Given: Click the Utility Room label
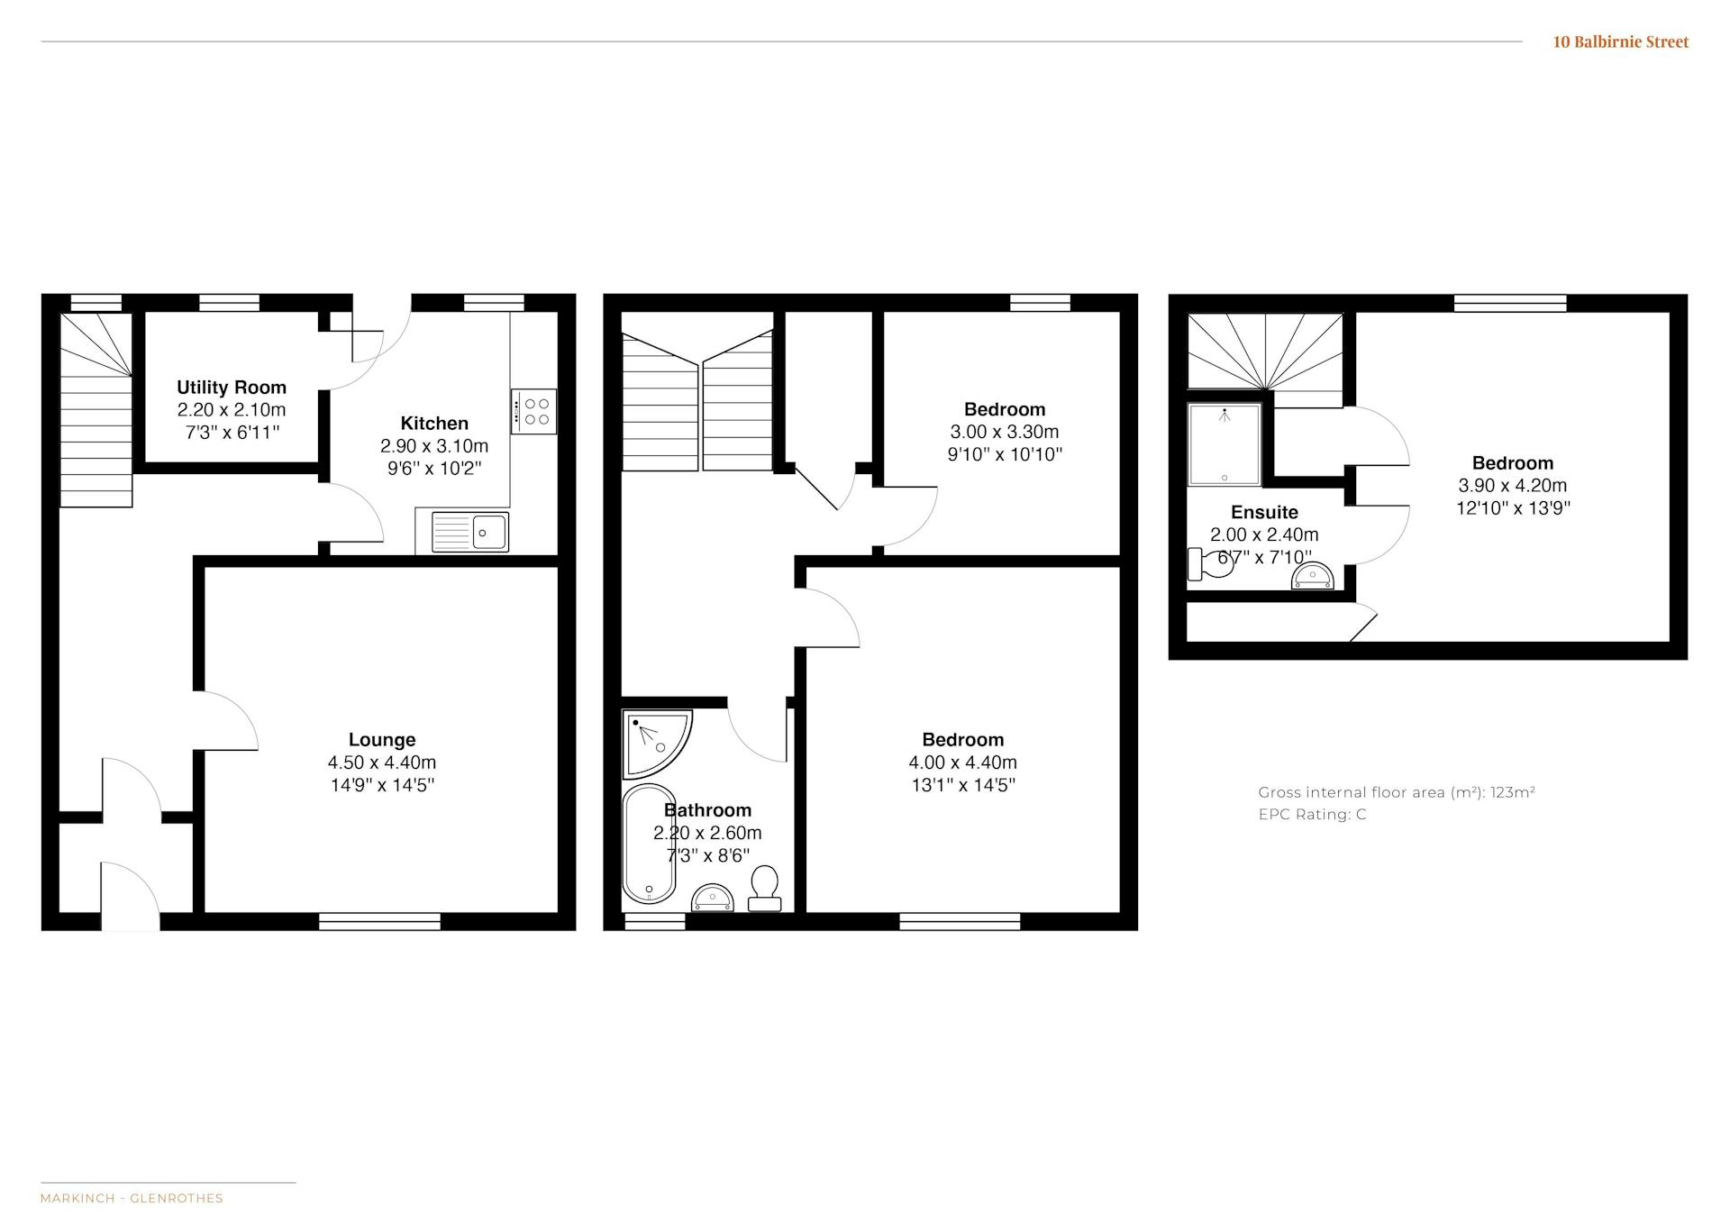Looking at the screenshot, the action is click(x=232, y=388).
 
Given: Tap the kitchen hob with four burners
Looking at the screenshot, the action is click(x=533, y=411).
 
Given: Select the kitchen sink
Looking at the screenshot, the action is click(x=470, y=532).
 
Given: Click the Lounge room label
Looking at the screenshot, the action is click(x=382, y=740).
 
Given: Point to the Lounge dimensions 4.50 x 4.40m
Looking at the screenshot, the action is click(x=382, y=763).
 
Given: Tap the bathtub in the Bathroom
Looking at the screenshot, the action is click(x=649, y=844).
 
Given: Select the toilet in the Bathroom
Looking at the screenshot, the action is click(x=765, y=889).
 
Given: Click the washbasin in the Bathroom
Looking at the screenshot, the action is click(x=713, y=898).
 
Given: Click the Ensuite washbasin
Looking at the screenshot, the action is click(x=1312, y=575).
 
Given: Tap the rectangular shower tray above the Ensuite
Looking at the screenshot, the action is click(x=1225, y=444).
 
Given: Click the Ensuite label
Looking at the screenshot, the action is click(x=1264, y=513).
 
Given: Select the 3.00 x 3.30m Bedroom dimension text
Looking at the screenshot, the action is click(x=1005, y=432).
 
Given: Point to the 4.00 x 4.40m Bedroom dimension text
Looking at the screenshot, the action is click(x=963, y=763).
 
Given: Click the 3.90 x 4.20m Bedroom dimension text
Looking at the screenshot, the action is click(x=1513, y=485).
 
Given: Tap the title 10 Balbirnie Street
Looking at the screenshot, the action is click(x=1621, y=41).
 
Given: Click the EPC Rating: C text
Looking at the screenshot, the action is click(x=1313, y=815).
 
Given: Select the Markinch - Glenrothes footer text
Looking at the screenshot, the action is click(x=132, y=1199).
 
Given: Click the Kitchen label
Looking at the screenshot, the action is click(x=434, y=424).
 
